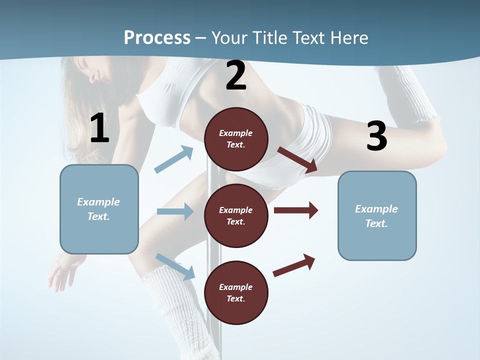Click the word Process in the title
[157, 38]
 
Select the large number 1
[99, 128]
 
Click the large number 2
[236, 76]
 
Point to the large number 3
[376, 136]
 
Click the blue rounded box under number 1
[99, 209]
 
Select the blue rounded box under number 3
[377, 215]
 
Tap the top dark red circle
[236, 139]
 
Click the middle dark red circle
[236, 215]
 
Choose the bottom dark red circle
[236, 292]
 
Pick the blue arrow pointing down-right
[175, 266]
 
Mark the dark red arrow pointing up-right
[294, 265]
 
